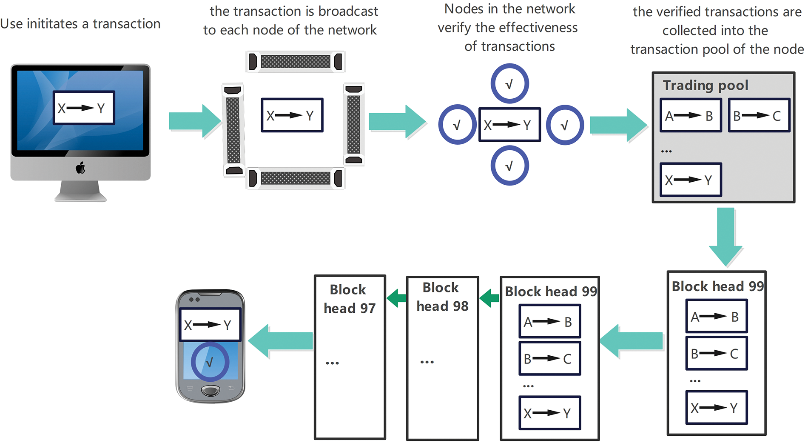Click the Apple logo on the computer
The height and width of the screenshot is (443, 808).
[80, 168]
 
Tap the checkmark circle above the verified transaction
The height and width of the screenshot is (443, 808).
[509, 83]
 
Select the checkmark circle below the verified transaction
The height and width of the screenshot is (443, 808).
[509, 166]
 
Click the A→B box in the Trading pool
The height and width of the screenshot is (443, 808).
[691, 115]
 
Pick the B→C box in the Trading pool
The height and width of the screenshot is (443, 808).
[759, 115]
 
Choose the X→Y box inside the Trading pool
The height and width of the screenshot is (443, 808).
[691, 180]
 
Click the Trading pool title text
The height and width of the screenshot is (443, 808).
[706, 86]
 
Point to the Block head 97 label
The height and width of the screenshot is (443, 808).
[350, 299]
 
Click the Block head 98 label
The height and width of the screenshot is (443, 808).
[442, 297]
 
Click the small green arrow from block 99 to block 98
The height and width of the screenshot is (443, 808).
[489, 298]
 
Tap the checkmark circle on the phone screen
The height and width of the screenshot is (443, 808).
[210, 362]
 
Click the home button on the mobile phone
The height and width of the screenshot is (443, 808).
[211, 390]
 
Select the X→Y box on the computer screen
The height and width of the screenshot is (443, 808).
[84, 108]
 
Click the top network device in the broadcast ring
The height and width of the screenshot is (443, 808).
[296, 62]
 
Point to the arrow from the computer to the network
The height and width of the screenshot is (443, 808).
[195, 121]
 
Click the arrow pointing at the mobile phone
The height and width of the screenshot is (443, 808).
[280, 341]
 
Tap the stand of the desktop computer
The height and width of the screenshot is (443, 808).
[80, 191]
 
